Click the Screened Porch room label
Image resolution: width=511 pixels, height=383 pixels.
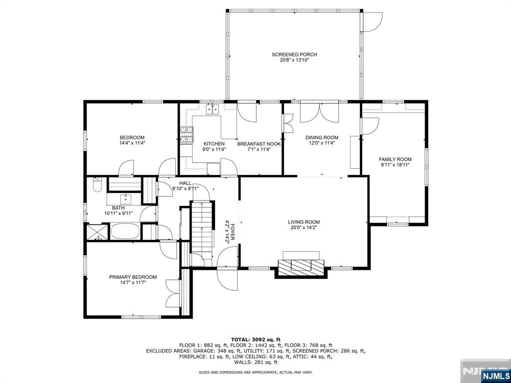tap(294, 54)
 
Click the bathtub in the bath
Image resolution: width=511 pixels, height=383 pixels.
tap(125, 231)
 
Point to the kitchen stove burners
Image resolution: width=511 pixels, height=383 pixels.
tap(187, 135)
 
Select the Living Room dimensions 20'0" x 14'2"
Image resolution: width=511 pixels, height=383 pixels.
tap(304, 227)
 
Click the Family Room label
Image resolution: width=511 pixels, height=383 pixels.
tap(395, 159)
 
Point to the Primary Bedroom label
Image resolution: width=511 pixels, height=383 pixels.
tap(133, 277)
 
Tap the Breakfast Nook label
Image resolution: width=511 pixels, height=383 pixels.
tap(259, 144)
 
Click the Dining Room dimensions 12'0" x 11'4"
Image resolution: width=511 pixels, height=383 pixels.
tap(322, 143)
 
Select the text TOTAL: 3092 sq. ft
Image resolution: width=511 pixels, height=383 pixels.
tap(256, 339)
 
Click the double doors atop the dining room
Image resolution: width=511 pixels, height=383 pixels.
tap(319, 113)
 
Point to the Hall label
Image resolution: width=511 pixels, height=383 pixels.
tap(185, 184)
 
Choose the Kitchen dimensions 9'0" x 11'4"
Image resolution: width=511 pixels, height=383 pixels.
tap(214, 150)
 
